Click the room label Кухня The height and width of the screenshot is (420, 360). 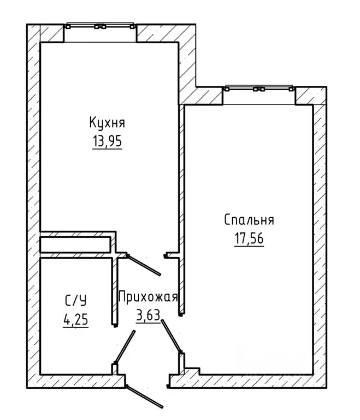[x=107, y=122]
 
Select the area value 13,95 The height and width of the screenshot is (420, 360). [x=107, y=141]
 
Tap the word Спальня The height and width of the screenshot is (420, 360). [x=249, y=220]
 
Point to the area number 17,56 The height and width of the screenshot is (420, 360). [x=249, y=238]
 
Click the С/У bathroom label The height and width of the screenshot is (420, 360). [x=76, y=301]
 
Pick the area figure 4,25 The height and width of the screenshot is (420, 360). [x=76, y=319]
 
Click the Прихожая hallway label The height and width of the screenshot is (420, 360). [x=148, y=297]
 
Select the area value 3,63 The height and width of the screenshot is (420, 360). [x=148, y=315]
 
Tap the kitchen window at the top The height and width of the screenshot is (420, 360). [x=100, y=26]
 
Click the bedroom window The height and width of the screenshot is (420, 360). [x=259, y=89]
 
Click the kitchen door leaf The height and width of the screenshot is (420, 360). [x=144, y=265]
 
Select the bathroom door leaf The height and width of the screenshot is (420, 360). [x=125, y=347]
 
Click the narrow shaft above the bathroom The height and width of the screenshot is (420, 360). [x=75, y=244]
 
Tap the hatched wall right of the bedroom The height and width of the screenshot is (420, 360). [x=320, y=239]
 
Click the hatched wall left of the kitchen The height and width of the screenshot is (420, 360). [x=33, y=206]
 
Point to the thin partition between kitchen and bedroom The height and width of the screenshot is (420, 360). [x=181, y=209]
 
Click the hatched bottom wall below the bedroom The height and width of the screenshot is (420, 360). [x=248, y=381]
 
